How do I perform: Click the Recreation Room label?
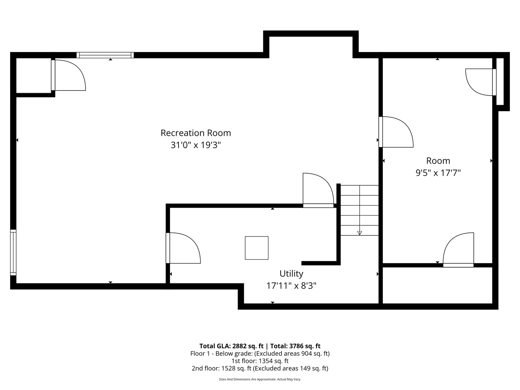pyautogui.click(x=195, y=133)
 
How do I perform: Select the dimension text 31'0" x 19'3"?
pyautogui.click(x=195, y=145)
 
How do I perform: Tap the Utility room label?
pyautogui.click(x=291, y=274)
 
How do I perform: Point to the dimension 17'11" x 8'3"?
pyautogui.click(x=291, y=286)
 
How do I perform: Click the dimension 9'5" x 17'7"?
pyautogui.click(x=438, y=173)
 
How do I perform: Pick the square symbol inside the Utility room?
pyautogui.click(x=256, y=248)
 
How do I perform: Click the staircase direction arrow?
pyautogui.click(x=359, y=233)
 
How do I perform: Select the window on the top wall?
pyautogui.click(x=105, y=55)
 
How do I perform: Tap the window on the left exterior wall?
pyautogui.click(x=13, y=252)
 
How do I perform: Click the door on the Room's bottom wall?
pyautogui.click(x=458, y=250)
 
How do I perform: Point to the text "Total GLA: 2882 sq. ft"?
pyautogui.click(x=231, y=346)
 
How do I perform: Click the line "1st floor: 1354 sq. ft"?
pyautogui.click(x=260, y=361)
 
